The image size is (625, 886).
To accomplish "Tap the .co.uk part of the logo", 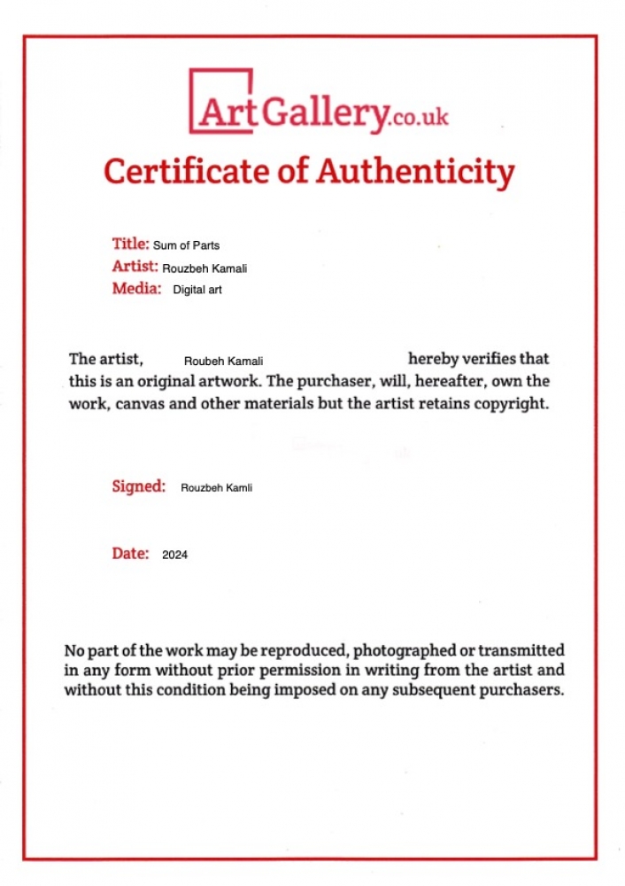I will (419, 117).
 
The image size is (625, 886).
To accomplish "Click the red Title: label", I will (130, 244).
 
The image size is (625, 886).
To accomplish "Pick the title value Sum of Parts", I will (186, 245).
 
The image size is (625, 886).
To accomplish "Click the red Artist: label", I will (135, 266).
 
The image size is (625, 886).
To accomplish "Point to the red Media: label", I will (136, 288).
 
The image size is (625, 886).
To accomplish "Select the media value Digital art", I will (197, 290).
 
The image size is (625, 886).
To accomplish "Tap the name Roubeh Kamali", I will (223, 361).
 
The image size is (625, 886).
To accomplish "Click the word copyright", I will (516, 405).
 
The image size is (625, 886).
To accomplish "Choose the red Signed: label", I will (138, 486).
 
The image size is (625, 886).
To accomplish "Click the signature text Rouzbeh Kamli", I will (216, 487).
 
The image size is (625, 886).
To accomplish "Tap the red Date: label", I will (130, 553).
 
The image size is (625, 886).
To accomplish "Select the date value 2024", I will (174, 556).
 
